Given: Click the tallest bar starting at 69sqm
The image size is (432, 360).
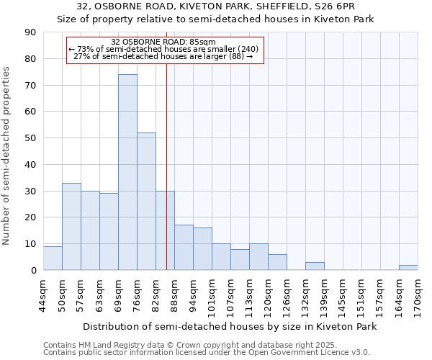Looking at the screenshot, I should coord(127,172).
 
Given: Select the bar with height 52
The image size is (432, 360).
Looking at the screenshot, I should coord(146,202).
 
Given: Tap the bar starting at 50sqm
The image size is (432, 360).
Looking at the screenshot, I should coord(71,226).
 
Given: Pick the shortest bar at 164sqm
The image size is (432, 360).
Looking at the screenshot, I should coord(408,267).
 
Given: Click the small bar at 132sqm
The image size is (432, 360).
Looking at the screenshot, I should coord(315,266).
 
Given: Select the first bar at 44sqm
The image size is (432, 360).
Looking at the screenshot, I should coord(53,258).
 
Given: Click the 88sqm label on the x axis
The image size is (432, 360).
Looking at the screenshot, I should coord(174,295).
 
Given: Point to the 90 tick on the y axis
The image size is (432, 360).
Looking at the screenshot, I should coord(30,32).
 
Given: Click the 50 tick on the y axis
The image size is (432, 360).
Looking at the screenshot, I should coord(30,138).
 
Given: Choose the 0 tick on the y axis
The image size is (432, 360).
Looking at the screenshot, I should coord(33,271).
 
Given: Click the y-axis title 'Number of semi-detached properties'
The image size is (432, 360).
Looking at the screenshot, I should coord(7,155).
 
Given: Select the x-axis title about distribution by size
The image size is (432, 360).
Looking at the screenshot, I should coord(229,326).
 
